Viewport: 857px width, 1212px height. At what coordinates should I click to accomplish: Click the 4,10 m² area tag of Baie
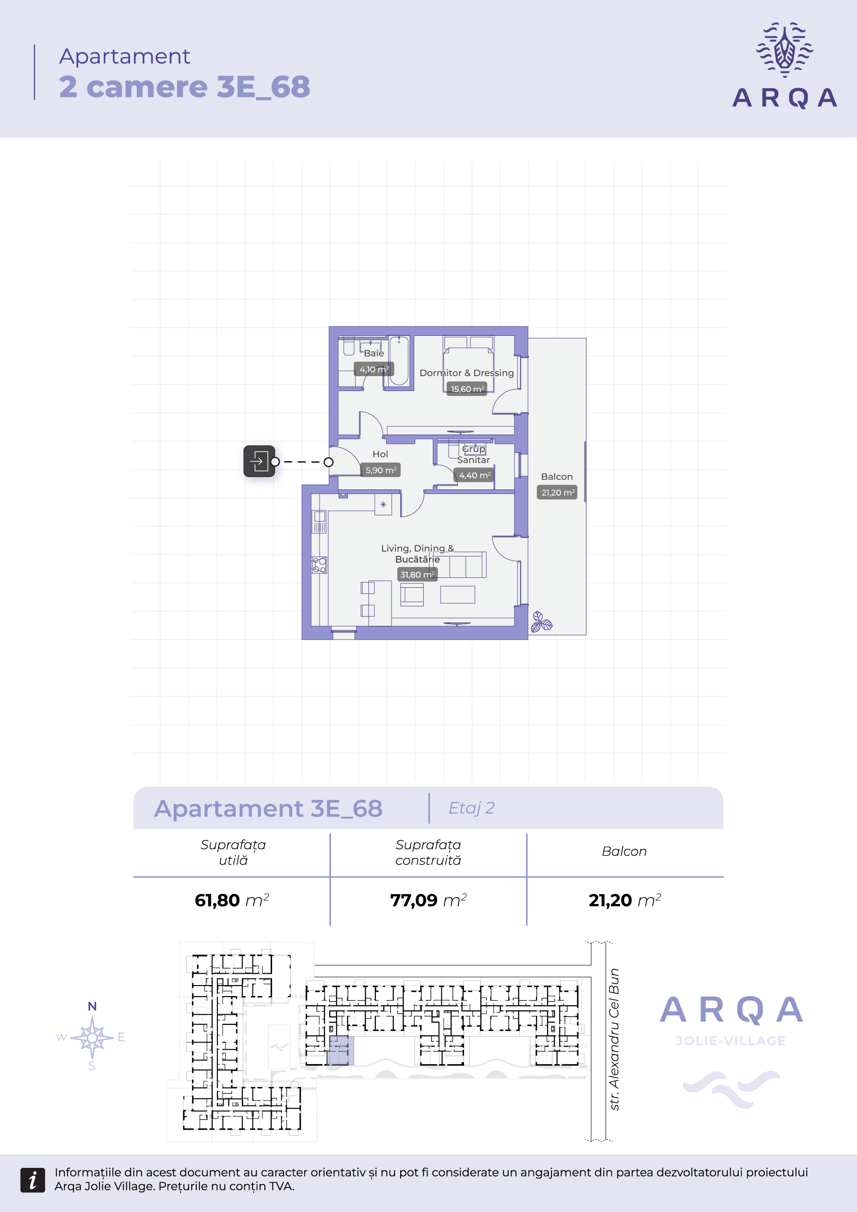tap(374, 369)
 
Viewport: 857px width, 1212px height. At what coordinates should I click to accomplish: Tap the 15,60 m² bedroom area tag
tap(467, 389)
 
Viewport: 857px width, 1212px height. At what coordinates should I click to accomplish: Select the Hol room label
tap(380, 454)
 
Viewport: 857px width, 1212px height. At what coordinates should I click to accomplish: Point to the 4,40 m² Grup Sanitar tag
tap(474, 475)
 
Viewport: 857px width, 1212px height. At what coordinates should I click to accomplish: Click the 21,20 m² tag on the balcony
tap(557, 492)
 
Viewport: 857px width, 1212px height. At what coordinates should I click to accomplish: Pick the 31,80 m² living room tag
tap(417, 574)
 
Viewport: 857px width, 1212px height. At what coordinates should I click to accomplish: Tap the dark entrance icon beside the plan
tap(259, 462)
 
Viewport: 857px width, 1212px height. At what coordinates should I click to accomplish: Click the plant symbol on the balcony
tap(541, 622)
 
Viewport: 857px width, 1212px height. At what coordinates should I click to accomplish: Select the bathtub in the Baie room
tap(399, 360)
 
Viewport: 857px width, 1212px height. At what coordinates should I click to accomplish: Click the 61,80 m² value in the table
tap(232, 900)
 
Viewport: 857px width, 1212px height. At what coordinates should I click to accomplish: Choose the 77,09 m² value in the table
tap(428, 900)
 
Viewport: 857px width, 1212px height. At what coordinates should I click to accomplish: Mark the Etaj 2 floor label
tap(472, 808)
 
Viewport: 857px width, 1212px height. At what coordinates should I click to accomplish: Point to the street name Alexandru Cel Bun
tap(614, 1039)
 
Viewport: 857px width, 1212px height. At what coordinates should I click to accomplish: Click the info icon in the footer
tap(33, 1180)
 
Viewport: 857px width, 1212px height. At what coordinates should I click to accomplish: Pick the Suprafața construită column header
tap(428, 853)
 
